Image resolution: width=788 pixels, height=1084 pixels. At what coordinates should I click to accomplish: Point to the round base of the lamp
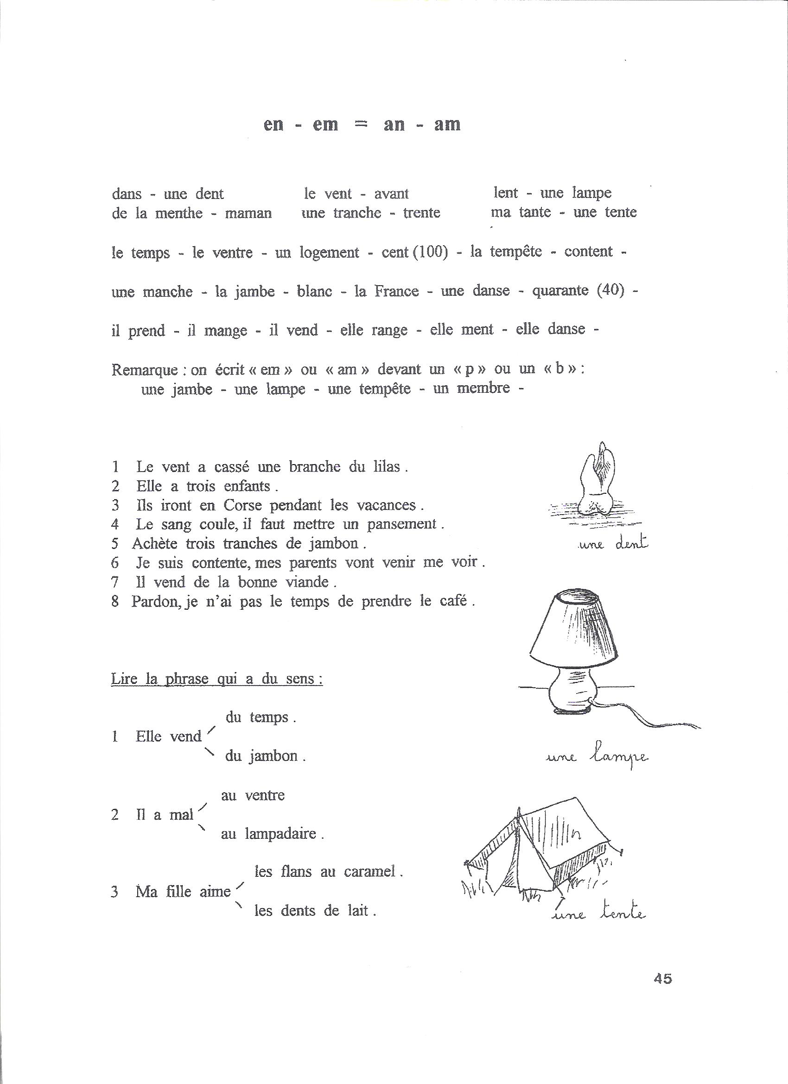[571, 693]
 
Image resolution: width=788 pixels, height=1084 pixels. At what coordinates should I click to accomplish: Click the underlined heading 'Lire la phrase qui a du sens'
[216, 679]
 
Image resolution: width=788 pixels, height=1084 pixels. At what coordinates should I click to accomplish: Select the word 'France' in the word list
[396, 291]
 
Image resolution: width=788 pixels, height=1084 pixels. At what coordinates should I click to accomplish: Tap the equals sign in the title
[362, 124]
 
